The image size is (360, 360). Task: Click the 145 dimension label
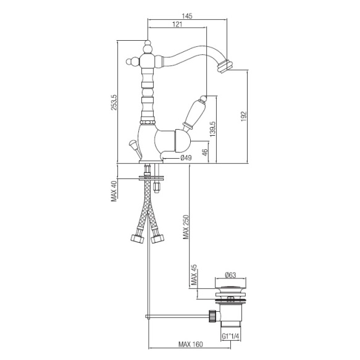(x=187, y=16)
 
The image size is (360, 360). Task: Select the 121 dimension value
(x=177, y=24)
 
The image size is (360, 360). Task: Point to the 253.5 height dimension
(x=114, y=102)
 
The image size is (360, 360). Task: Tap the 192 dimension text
(x=243, y=116)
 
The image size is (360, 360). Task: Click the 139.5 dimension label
(x=212, y=129)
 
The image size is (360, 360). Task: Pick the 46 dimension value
(x=205, y=153)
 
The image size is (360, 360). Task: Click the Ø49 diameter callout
(x=186, y=158)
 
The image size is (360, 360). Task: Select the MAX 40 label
(x=114, y=191)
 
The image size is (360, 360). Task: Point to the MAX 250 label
(x=186, y=227)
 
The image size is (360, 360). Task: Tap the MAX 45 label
(x=194, y=275)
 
